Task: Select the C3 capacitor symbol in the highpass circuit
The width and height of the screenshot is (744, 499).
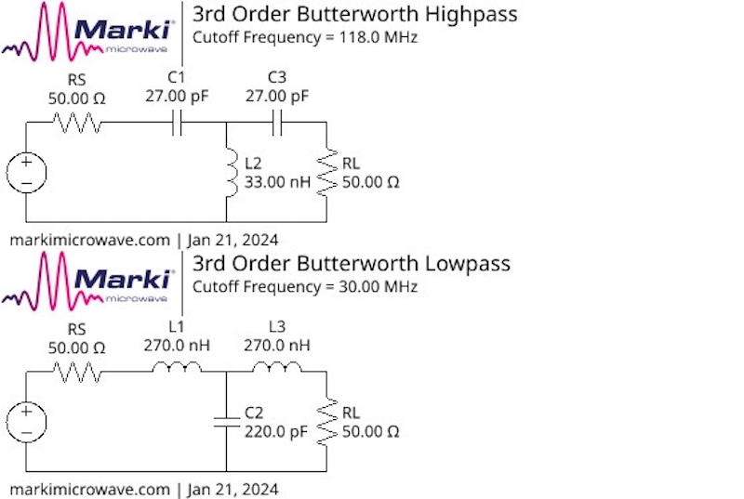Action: tap(276, 123)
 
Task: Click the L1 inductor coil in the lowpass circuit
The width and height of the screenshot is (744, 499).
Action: tap(177, 370)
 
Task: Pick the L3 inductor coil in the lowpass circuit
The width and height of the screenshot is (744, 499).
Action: tap(277, 370)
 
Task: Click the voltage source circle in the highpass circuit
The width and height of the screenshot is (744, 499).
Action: tap(26, 173)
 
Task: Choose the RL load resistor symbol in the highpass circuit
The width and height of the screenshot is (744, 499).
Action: tap(325, 173)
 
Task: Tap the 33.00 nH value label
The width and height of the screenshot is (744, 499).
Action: tap(277, 182)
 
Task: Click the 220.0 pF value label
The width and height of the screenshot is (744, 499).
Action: tap(277, 431)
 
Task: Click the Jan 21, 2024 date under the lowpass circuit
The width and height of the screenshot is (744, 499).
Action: tap(233, 488)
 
